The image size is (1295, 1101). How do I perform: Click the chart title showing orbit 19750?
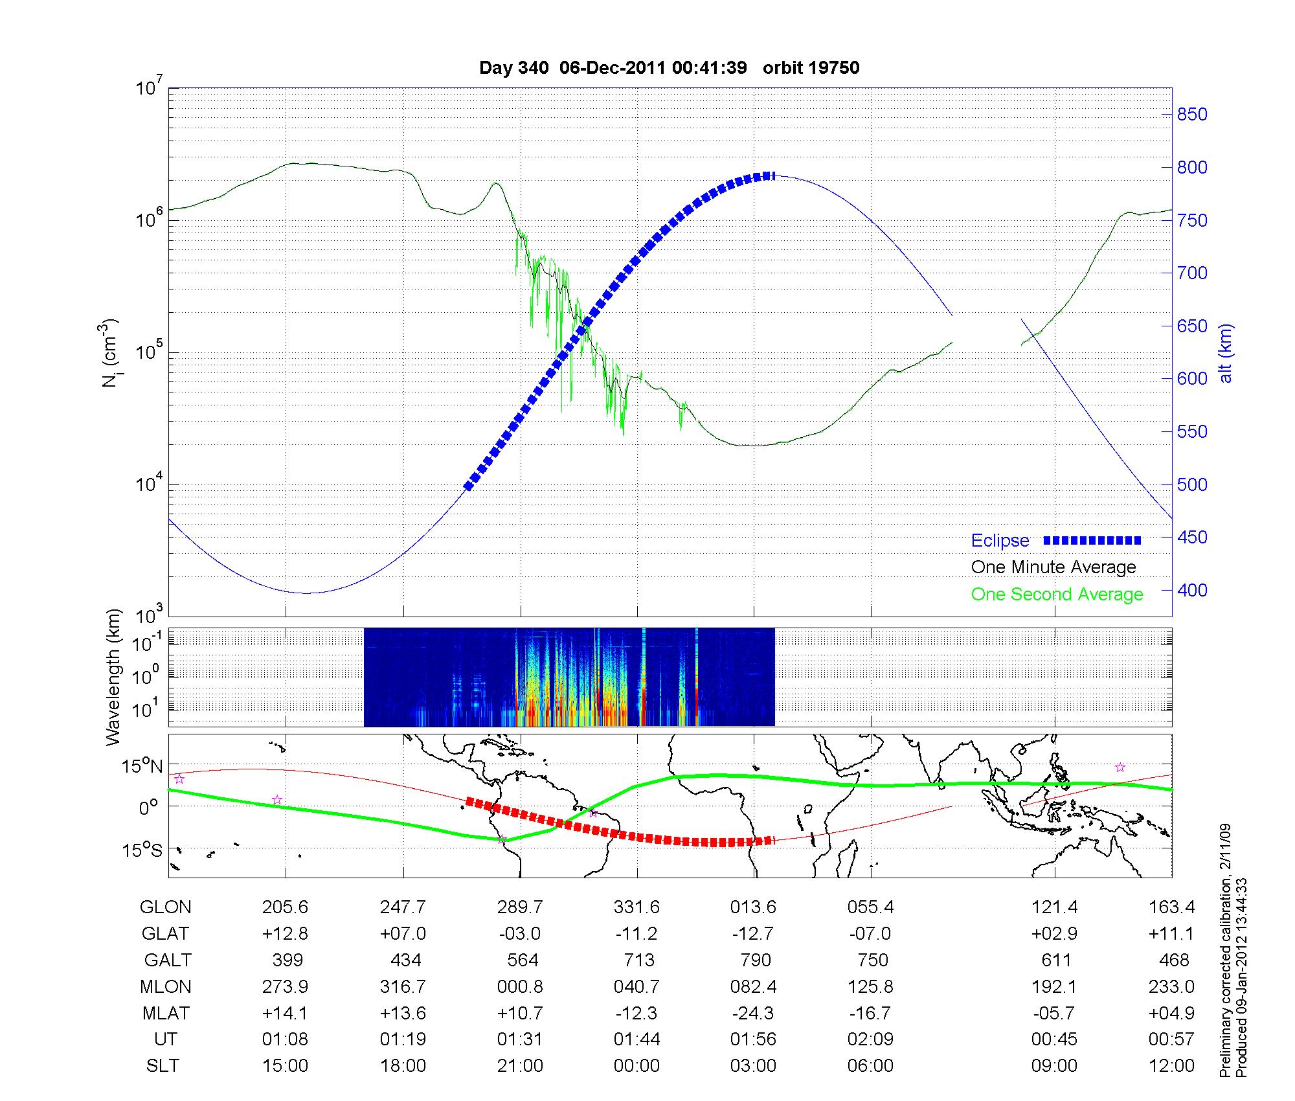coord(670,68)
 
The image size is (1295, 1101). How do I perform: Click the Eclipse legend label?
coord(1000,540)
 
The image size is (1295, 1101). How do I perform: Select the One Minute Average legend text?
coord(1053,567)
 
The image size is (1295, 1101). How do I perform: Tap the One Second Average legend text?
coord(1057,595)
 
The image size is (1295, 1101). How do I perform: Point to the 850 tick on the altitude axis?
coord(1192,115)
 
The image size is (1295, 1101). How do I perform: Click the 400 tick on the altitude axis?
coord(1192,590)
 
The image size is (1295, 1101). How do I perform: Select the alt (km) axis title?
coord(1226,353)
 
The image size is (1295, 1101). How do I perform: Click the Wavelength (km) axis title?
coord(114,677)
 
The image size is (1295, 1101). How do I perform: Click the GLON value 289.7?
coord(520,907)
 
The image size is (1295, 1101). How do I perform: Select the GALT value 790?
coord(755,960)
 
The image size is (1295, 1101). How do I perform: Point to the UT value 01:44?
coord(637,1039)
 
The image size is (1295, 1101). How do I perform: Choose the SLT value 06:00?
coord(870,1066)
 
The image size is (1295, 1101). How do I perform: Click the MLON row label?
coord(165,986)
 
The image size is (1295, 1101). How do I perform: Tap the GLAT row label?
coord(165,934)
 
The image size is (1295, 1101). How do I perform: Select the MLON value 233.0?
coord(1171,986)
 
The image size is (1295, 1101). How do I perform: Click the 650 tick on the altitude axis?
coord(1192,326)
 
